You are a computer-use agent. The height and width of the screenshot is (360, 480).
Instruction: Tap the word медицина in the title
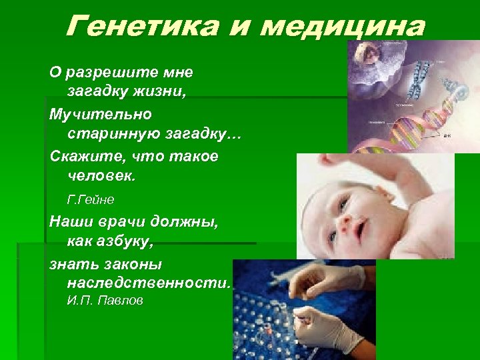tap(342, 27)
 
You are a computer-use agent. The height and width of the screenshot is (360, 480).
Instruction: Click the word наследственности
tap(149, 284)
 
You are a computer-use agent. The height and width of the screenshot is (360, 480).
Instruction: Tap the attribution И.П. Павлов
tap(105, 301)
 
